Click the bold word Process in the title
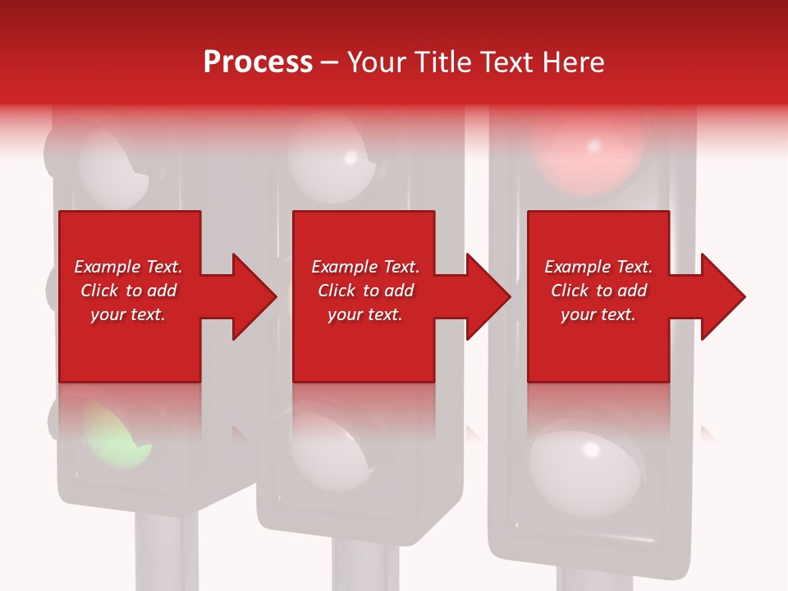pyautogui.click(x=258, y=62)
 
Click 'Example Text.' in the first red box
pyautogui.click(x=128, y=267)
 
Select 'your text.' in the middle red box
pyautogui.click(x=364, y=314)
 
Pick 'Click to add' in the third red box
pyautogui.click(x=598, y=291)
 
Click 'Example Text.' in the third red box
pyautogui.click(x=598, y=267)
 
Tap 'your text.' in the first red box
pyautogui.click(x=128, y=314)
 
